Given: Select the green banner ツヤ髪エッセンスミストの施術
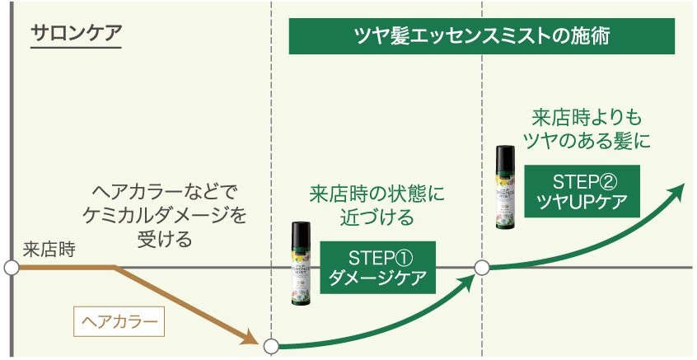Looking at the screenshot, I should (x=482, y=36).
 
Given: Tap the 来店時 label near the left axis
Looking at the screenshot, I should (x=49, y=249).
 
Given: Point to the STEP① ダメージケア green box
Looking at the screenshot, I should (x=377, y=266).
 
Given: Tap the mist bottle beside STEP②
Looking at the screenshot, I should (x=505, y=188).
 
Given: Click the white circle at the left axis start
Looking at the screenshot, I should (x=12, y=268).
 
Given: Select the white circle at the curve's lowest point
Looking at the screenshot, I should (x=270, y=347).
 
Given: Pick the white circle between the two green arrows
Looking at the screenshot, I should (x=482, y=268).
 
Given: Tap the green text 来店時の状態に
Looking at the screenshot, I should (x=377, y=194).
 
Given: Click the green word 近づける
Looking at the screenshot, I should (x=377, y=218).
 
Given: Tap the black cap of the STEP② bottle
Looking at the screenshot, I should (x=505, y=157).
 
